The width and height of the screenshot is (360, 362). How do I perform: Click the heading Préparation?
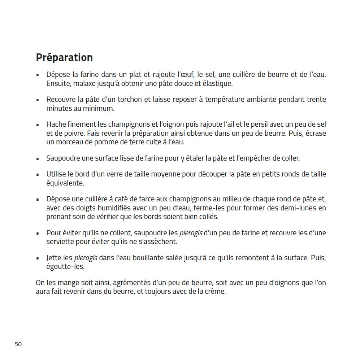click(x=64, y=57)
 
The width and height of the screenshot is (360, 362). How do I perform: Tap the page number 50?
click(x=18, y=344)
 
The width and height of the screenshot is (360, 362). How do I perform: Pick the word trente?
click(x=316, y=99)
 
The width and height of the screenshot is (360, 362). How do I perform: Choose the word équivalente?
click(x=65, y=183)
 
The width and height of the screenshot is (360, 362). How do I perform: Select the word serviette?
click(x=61, y=241)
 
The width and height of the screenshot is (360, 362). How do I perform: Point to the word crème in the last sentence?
click(x=216, y=292)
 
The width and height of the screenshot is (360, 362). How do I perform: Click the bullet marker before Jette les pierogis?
click(x=38, y=258)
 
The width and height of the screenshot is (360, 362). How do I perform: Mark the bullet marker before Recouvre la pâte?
click(x=38, y=100)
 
